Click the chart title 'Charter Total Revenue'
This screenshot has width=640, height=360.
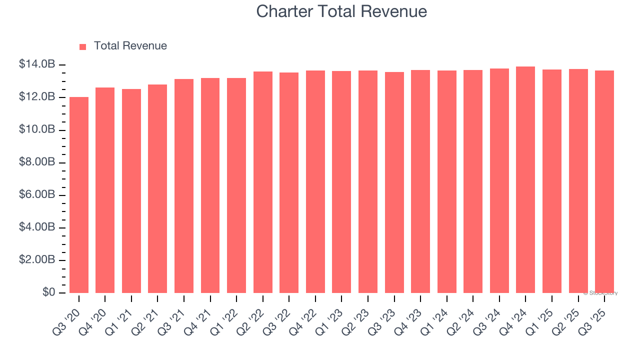(x=341, y=11)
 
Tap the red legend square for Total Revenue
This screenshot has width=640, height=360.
(x=83, y=46)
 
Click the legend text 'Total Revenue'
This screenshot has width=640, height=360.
(x=130, y=46)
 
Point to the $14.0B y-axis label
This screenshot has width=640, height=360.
(x=37, y=64)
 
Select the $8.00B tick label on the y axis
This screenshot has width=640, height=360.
(x=37, y=162)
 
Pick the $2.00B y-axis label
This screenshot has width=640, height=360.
(x=37, y=260)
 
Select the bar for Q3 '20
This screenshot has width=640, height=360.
(x=79, y=195)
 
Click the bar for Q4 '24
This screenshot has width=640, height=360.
(x=525, y=180)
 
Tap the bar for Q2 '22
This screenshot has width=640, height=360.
(x=263, y=182)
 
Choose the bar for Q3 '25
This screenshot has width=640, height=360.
(x=604, y=182)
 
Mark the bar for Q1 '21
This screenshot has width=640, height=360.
(x=131, y=191)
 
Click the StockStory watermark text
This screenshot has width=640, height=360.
(x=600, y=293)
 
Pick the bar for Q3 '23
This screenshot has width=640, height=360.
(x=394, y=182)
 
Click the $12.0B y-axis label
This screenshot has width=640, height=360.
(x=37, y=97)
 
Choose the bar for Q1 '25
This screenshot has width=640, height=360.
(x=552, y=181)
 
